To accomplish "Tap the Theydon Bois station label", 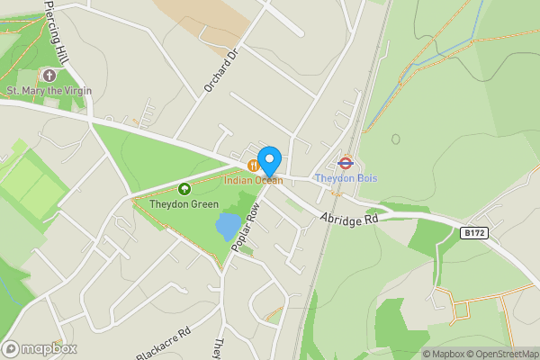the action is pyautogui.click(x=346, y=178).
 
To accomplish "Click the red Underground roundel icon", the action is pyautogui.click(x=345, y=163).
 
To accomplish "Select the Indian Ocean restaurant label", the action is pyautogui.click(x=254, y=180).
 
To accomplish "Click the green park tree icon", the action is pyautogui.click(x=184, y=189).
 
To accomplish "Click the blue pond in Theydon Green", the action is pyautogui.click(x=229, y=226).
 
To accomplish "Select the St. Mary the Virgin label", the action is pyautogui.click(x=49, y=90).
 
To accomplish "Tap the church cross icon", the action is pyautogui.click(x=49, y=76).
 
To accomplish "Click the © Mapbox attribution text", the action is pyautogui.click(x=443, y=354).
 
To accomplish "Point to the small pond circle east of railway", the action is pyautogui.click(x=395, y=139).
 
